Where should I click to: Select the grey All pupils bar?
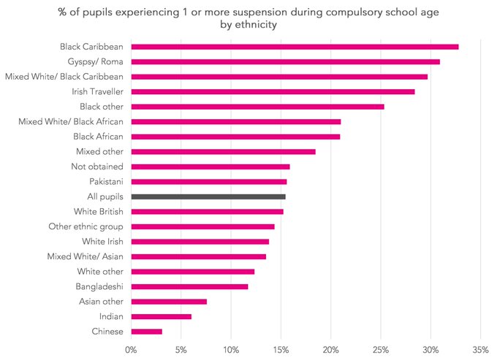coord(208,196)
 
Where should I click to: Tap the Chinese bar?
coord(147,332)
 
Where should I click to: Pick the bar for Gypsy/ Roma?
coord(285,61)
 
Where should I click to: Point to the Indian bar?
coord(162,316)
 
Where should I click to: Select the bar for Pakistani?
coord(209,181)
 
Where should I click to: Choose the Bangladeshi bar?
coord(189,286)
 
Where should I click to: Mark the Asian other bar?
coord(169,302)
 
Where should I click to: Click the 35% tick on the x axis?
coord(480,348)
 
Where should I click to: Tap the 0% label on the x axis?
coord(132,348)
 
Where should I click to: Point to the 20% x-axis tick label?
coord(330,348)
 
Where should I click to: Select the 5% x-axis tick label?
coord(181,348)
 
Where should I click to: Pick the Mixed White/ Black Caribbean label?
coord(64,76)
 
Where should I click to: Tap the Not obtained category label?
coord(99,166)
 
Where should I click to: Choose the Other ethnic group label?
coord(86,226)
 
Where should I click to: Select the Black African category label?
coord(98,137)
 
